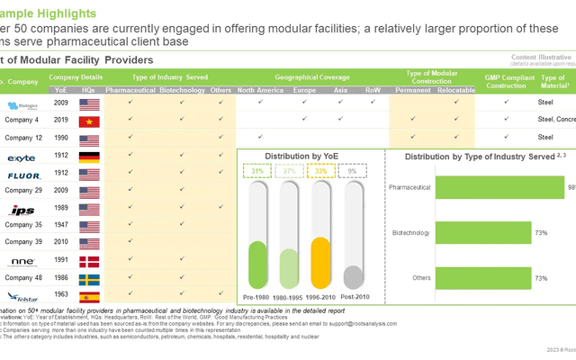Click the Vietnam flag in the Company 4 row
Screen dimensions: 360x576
tap(90, 119)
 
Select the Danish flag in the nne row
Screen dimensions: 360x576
tap(90, 261)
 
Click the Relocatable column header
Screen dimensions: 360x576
tap(456, 91)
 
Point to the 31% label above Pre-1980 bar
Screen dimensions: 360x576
tap(257, 171)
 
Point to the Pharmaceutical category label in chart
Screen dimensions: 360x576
tap(409, 187)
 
